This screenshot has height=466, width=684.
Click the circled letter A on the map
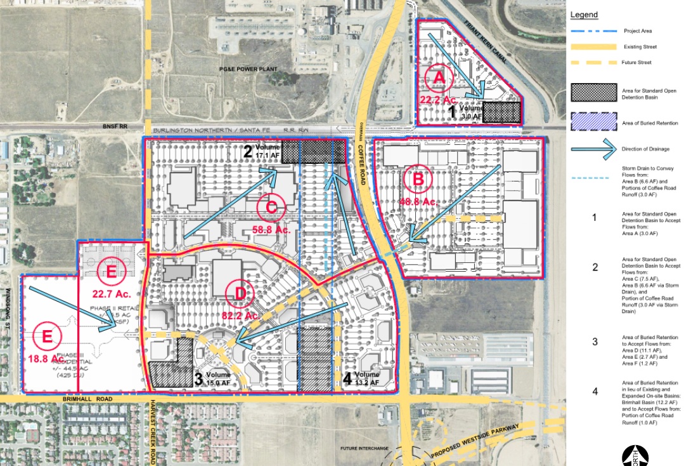pos(439,79)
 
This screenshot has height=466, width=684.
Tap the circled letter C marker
pos(271,207)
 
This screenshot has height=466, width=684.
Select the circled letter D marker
pos(240,293)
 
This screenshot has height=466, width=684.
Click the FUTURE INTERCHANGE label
pos(364,449)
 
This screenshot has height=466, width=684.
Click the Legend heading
pos(584,15)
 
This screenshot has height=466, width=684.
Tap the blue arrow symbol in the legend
pos(593,150)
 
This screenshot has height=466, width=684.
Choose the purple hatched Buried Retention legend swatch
pos(593,121)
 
